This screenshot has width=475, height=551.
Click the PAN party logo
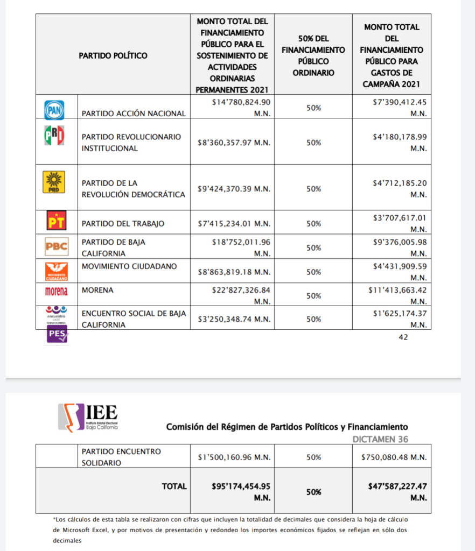pyautogui.click(x=54, y=110)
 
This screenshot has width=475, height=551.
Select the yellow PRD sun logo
pyautogui.click(x=54, y=181)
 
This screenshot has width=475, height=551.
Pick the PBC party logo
pyautogui.click(x=56, y=247)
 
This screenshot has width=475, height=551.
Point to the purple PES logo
pyautogui.click(x=57, y=335)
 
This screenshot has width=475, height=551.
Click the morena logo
pyautogui.click(x=56, y=291)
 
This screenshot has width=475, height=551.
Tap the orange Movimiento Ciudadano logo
pyautogui.click(x=56, y=271)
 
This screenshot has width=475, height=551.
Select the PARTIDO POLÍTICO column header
pyautogui.click(x=113, y=55)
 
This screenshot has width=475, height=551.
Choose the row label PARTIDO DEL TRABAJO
pyautogui.click(x=123, y=223)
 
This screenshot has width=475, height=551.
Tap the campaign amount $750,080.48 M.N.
pyautogui.click(x=394, y=457)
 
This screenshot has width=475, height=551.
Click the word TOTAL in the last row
pyautogui.click(x=174, y=486)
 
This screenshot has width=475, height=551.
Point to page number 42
pyautogui.click(x=403, y=337)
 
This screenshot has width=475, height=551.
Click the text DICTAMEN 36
pyautogui.click(x=380, y=439)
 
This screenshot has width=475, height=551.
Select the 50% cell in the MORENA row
pyautogui.click(x=313, y=295)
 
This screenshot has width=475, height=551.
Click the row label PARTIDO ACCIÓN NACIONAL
pyautogui.click(x=134, y=114)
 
